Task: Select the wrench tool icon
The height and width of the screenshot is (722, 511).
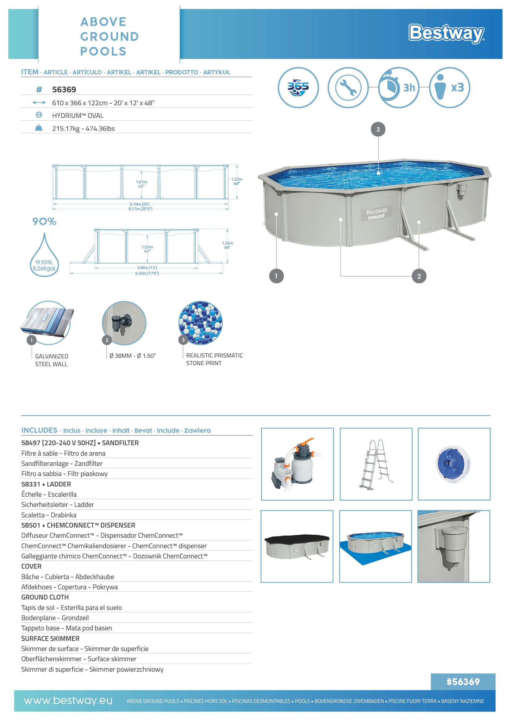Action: pyautogui.click(x=348, y=87)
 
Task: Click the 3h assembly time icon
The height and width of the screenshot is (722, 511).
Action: pyautogui.click(x=399, y=87)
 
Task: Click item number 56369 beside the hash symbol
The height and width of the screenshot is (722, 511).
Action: pyautogui.click(x=64, y=90)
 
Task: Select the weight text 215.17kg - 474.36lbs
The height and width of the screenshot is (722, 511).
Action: pyautogui.click(x=83, y=129)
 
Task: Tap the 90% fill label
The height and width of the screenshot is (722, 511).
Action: pyautogui.click(x=44, y=221)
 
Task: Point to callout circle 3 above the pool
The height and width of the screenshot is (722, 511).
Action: pyautogui.click(x=378, y=129)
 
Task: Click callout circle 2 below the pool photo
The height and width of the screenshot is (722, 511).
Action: pyautogui.click(x=419, y=276)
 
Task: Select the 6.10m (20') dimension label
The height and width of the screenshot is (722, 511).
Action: pyautogui.click(x=140, y=204)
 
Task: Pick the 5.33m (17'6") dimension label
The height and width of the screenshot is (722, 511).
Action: pyautogui.click(x=147, y=273)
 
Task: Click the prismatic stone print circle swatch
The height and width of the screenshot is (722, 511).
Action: pyautogui.click(x=201, y=323)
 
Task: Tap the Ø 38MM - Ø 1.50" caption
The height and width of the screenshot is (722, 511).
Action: pyautogui.click(x=133, y=356)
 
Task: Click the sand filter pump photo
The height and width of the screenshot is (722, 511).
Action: pyautogui.click(x=297, y=464)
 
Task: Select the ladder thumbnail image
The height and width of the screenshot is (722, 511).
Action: pyautogui.click(x=376, y=464)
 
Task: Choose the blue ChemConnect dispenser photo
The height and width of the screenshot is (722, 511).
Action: pyautogui.click(x=454, y=464)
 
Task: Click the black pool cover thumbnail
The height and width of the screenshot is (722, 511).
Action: pyautogui.click(x=297, y=546)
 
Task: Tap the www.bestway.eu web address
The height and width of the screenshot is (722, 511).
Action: pyautogui.click(x=68, y=701)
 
